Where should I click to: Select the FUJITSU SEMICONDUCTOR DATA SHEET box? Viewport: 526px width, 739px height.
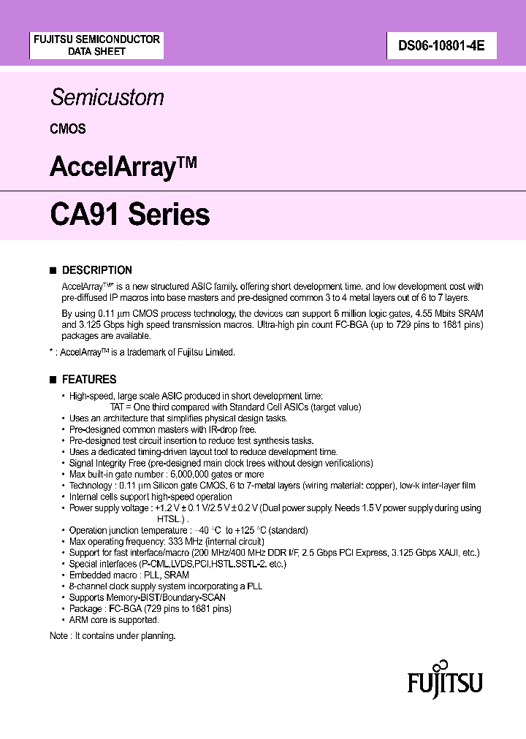pos(96,45)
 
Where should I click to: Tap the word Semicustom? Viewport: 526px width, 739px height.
pos(107,98)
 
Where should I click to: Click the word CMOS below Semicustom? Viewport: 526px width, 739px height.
pos(68,129)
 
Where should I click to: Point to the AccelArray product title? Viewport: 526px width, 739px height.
pos(123,167)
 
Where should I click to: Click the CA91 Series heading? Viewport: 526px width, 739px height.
pos(130,215)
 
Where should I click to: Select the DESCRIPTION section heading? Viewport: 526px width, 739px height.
pos(97,270)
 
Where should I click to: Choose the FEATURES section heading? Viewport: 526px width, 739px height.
pos(89,380)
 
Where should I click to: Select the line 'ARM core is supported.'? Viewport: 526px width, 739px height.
pos(113,620)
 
